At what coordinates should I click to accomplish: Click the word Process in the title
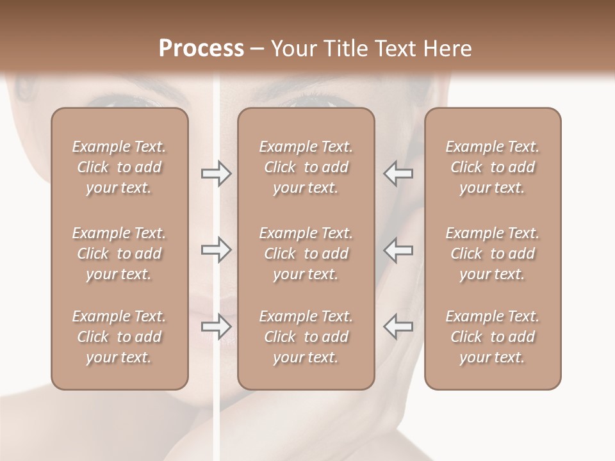click(201, 49)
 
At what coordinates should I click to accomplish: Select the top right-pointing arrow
click(216, 174)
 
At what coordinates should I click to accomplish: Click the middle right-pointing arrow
click(216, 250)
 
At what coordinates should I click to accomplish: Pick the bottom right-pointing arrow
click(216, 326)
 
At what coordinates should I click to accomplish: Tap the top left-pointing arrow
click(398, 174)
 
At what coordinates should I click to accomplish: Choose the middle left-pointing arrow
click(398, 250)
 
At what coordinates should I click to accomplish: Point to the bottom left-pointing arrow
click(398, 326)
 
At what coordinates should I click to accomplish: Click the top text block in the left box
click(119, 167)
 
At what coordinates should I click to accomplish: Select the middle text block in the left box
click(119, 254)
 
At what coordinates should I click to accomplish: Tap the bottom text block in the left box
click(119, 337)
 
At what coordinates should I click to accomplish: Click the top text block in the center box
click(306, 167)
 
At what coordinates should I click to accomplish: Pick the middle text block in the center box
click(306, 254)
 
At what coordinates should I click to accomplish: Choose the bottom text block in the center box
click(306, 337)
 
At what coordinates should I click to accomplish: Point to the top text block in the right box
click(492, 167)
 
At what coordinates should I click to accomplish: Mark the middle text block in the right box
click(492, 254)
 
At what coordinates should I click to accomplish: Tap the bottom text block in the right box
click(492, 337)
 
